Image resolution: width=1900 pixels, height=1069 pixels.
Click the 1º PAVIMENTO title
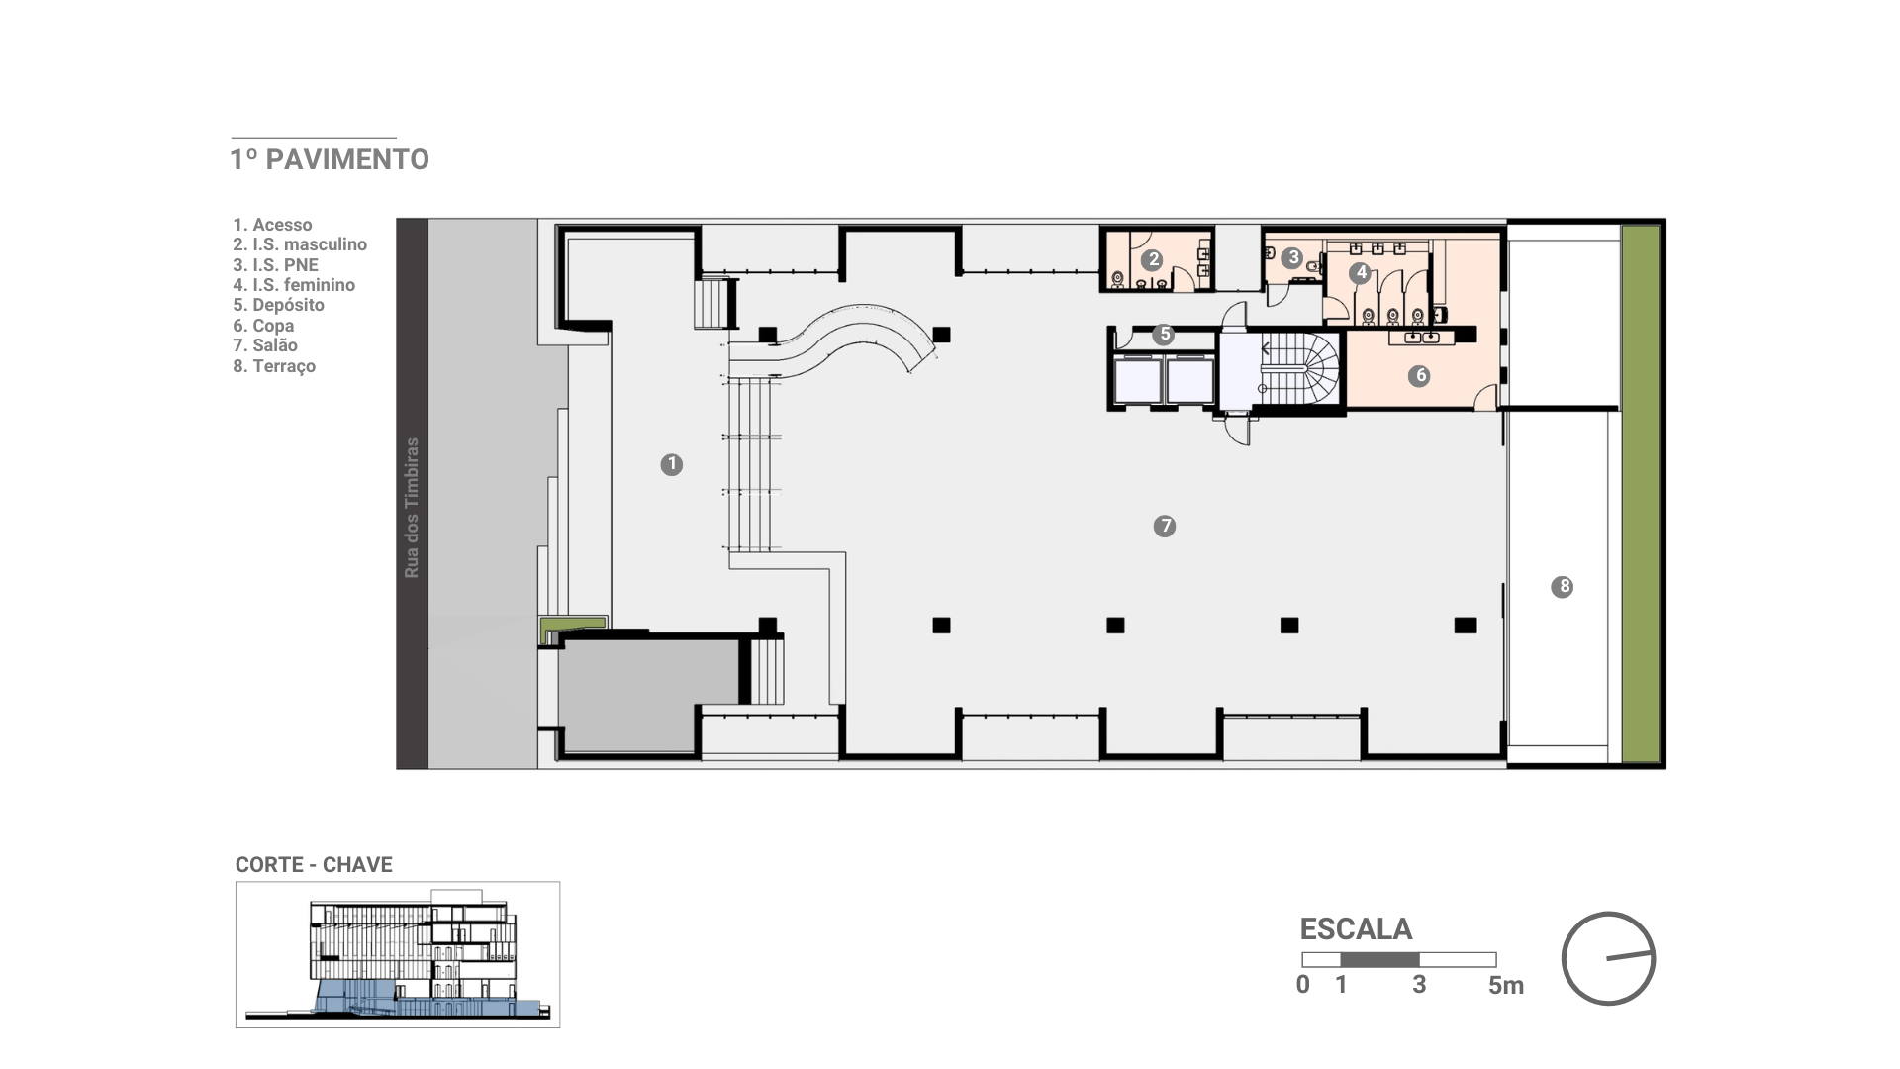click(x=330, y=159)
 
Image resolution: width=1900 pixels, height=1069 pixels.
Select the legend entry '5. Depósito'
click(x=279, y=305)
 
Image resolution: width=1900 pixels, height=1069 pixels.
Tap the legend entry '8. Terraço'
click(x=274, y=366)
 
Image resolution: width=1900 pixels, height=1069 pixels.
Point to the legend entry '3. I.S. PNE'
click(x=276, y=265)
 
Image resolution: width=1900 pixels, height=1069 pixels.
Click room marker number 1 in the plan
click(x=672, y=464)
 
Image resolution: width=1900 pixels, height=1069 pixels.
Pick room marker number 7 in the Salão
click(x=1165, y=526)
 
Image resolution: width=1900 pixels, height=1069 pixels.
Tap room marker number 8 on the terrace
click(x=1564, y=587)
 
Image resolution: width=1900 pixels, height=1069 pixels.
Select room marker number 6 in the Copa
click(x=1420, y=375)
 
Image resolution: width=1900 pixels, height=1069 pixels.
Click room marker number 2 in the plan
click(x=1152, y=260)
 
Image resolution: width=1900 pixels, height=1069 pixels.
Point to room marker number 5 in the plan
click(x=1165, y=334)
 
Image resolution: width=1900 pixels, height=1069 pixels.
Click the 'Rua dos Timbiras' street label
click(x=413, y=508)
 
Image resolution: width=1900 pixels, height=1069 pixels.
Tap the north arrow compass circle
click(x=1609, y=958)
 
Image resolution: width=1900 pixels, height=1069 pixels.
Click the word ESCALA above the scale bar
click(x=1356, y=929)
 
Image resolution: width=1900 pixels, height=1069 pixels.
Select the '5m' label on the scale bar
click(x=1506, y=985)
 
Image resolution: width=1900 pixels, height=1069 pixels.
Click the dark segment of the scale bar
click(x=1380, y=959)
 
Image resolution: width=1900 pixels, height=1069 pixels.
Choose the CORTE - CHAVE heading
click(x=314, y=865)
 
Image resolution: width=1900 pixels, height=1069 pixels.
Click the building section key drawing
click(x=398, y=954)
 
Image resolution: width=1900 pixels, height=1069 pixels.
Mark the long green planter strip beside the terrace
click(x=1641, y=494)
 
